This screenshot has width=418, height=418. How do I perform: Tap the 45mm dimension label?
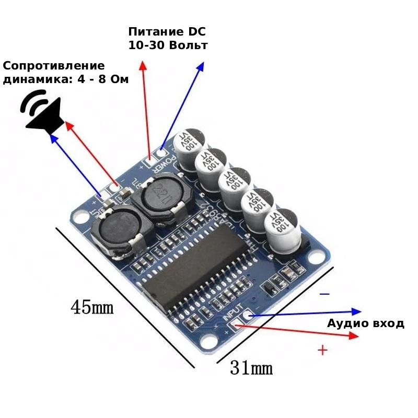pos(92,307)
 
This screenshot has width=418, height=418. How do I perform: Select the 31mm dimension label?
pos(251,368)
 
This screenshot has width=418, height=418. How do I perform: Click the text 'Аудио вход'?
pos(366,323)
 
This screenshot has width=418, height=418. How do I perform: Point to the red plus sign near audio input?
pos(323,350)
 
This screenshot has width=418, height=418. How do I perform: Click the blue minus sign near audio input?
pos(324,295)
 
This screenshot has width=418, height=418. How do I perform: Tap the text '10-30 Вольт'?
pos(168,45)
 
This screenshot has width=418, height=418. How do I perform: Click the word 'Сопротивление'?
pos(54,66)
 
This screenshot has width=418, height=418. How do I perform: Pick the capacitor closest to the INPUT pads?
pos(283,231)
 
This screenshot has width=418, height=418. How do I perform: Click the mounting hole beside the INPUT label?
pos(210,340)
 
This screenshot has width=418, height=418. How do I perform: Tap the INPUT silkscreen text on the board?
pos(233,312)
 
